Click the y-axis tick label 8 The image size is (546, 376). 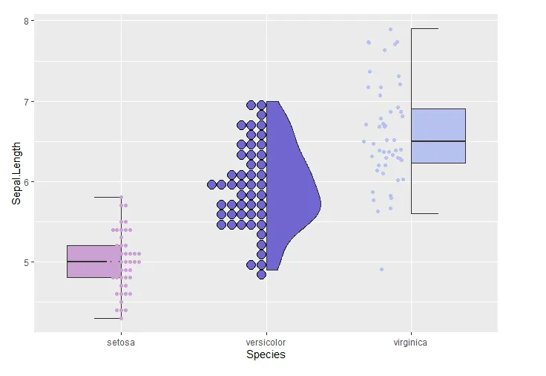pyautogui.click(x=25, y=22)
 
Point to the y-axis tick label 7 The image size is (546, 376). pyautogui.click(x=25, y=102)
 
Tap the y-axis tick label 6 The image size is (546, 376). pyautogui.click(x=25, y=182)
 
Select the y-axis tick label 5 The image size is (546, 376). pyautogui.click(x=25, y=262)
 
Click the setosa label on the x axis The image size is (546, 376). pyautogui.click(x=121, y=343)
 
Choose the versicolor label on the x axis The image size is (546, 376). pyautogui.click(x=266, y=343)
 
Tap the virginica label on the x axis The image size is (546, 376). pyautogui.click(x=410, y=343)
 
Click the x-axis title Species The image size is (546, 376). pyautogui.click(x=266, y=355)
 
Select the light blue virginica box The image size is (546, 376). pyautogui.click(x=438, y=135)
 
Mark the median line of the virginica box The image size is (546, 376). pyautogui.click(x=438, y=141)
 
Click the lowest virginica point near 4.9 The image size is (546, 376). pyautogui.click(x=381, y=269)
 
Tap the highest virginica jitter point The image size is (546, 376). pyautogui.click(x=390, y=30)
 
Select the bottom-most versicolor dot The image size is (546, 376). pyautogui.click(x=261, y=274)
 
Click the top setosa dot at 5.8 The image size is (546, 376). pyautogui.click(x=121, y=198)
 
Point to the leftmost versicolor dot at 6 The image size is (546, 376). pyautogui.click(x=212, y=184)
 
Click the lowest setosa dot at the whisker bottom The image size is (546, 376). pyautogui.click(x=121, y=318)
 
